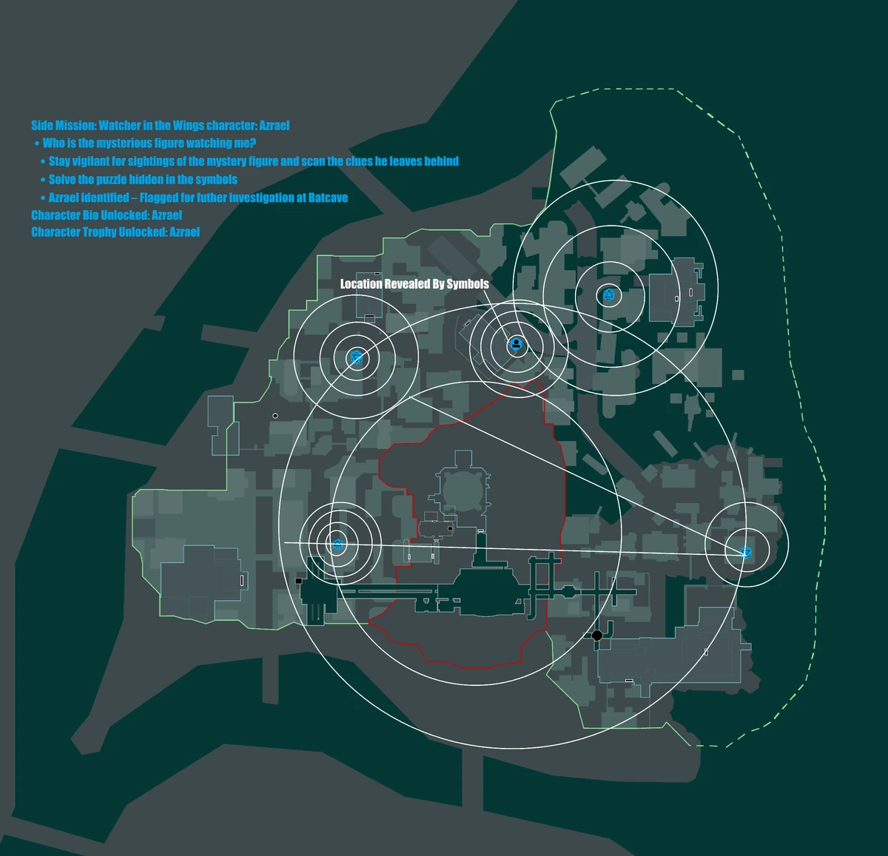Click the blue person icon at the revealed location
pyautogui.click(x=516, y=344)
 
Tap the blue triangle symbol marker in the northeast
pyautogui.click(x=609, y=294)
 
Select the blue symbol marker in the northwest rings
pyautogui.click(x=357, y=358)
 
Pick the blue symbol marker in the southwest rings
pyautogui.click(x=337, y=545)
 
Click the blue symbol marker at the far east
pyautogui.click(x=746, y=553)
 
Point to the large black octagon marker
pyautogui.click(x=597, y=635)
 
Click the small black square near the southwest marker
pyautogui.click(x=299, y=582)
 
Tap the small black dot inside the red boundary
pyautogui.click(x=450, y=528)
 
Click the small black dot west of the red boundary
pyautogui.click(x=275, y=416)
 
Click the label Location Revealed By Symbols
pyautogui.click(x=414, y=284)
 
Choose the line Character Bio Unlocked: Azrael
pyautogui.click(x=107, y=215)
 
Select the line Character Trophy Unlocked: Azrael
pyautogui.click(x=115, y=232)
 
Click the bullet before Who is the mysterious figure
pyautogui.click(x=37, y=144)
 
